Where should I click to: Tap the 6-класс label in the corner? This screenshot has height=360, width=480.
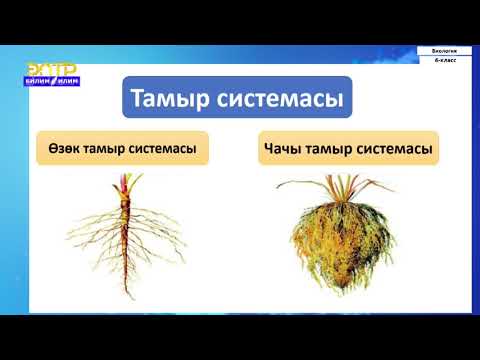[x=444, y=61]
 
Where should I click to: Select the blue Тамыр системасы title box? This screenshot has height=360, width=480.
[x=235, y=100]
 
